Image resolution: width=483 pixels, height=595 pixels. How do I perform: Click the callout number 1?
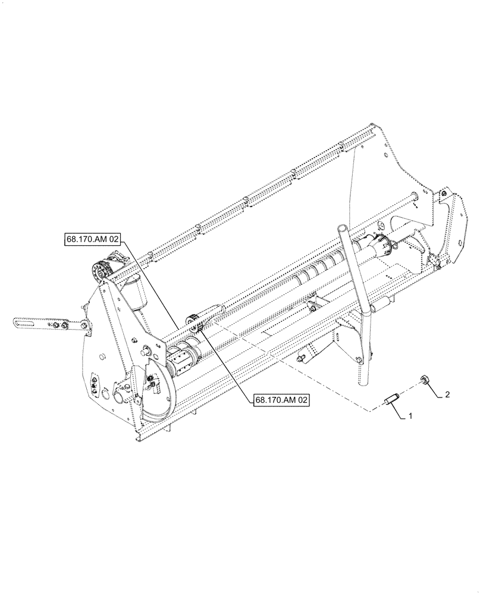410,418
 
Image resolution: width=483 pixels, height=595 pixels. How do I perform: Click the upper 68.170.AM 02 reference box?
92,240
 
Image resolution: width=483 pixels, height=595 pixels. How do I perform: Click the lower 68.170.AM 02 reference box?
282,400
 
